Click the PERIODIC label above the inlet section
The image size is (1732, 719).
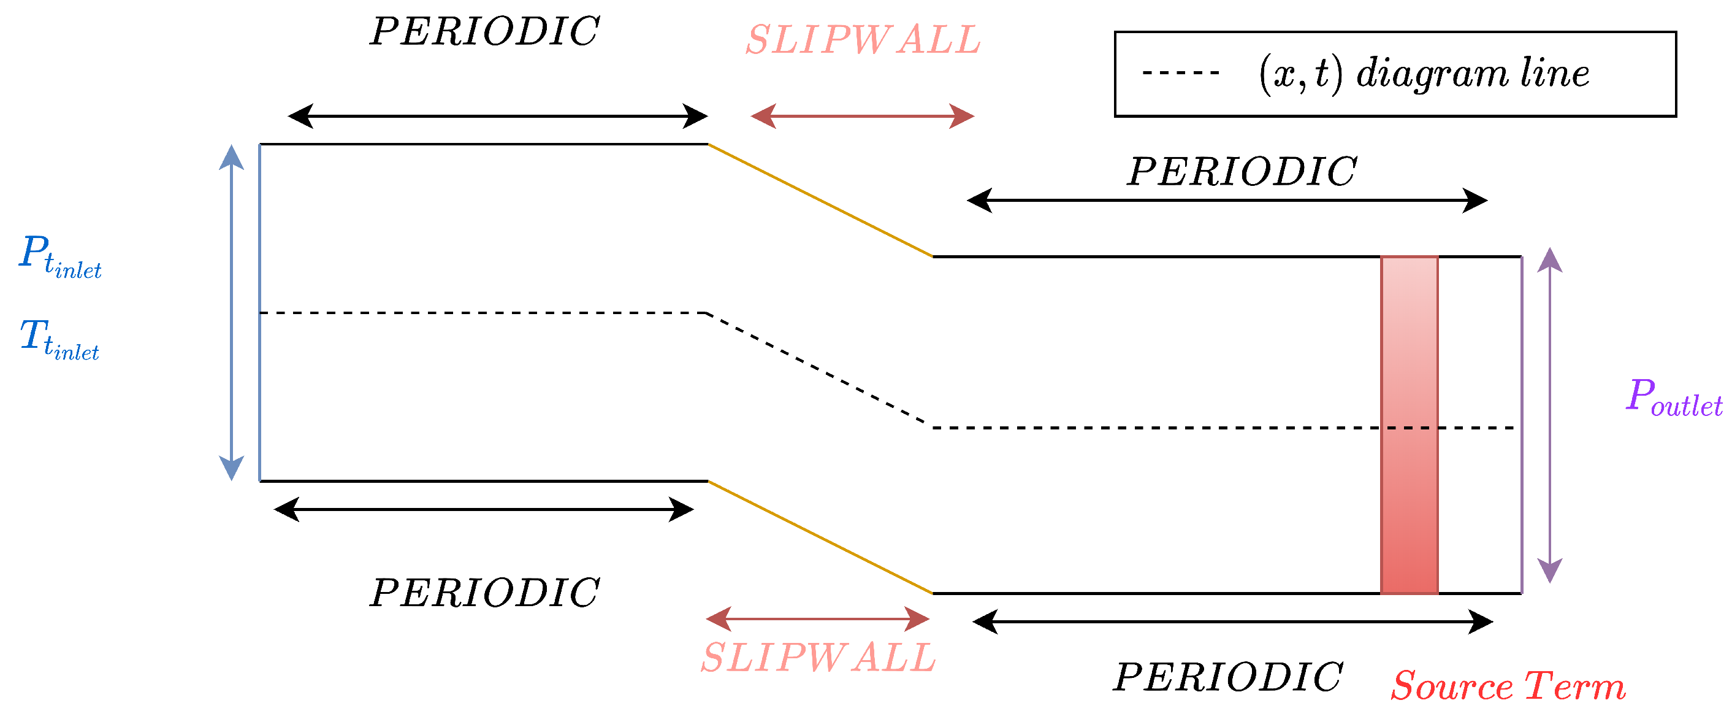pyautogui.click(x=484, y=32)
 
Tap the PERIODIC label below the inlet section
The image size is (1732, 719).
pyautogui.click(x=484, y=593)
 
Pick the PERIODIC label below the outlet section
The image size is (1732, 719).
pyautogui.click(x=1229, y=677)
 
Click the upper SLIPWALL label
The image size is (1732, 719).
pyautogui.click(x=863, y=40)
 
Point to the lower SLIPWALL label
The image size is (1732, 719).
pyautogui.click(x=818, y=657)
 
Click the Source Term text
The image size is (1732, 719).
pyautogui.click(x=1508, y=686)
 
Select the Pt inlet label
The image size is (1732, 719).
pyautogui.click(x=60, y=256)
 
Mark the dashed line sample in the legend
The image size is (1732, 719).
pyautogui.click(x=1180, y=72)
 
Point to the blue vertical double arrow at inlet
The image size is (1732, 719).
pyautogui.click(x=231, y=313)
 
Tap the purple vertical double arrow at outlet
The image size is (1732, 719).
pyautogui.click(x=1550, y=415)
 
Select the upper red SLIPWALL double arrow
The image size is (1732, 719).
pyautogui.click(x=862, y=117)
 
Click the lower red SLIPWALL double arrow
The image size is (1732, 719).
pyautogui.click(x=818, y=619)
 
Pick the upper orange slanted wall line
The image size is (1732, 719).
pyautogui.click(x=820, y=201)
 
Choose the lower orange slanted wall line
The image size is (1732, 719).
pyautogui.click(x=820, y=537)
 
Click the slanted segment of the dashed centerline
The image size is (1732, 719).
pyautogui.click(x=820, y=371)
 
